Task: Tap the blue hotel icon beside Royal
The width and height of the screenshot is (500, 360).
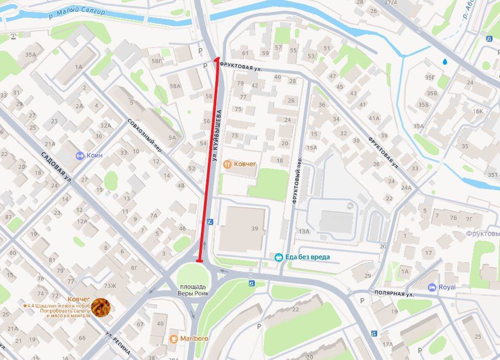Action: coord(432,287)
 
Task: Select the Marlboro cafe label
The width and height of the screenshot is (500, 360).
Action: coord(194,339)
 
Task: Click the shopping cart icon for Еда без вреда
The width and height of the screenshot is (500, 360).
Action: coord(278,257)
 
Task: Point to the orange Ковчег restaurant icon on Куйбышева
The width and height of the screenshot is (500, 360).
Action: coord(226,164)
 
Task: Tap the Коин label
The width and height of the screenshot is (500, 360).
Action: coord(95,155)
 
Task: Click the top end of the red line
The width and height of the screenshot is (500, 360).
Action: coord(217,59)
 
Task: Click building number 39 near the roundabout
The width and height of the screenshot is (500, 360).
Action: coord(255,229)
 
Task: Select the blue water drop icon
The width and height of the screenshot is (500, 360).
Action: coord(445,61)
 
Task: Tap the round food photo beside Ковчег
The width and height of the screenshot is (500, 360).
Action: coord(100,307)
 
